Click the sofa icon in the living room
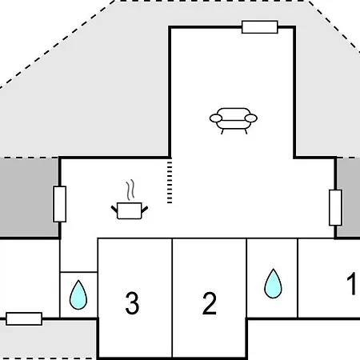(234, 121)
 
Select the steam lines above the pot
(130, 190)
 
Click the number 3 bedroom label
(132, 303)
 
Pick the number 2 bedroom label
(210, 303)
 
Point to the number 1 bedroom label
(351, 283)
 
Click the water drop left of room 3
(78, 294)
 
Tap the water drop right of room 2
(273, 283)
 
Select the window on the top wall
(260, 27)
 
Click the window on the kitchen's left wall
(60, 204)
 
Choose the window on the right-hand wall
(335, 207)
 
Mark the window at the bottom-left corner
(24, 318)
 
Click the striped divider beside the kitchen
(170, 182)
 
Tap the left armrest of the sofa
(216, 118)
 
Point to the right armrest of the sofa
(251, 118)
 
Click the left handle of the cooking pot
(114, 209)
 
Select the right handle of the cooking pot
(145, 210)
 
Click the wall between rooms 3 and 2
(172, 298)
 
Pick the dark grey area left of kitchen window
(29, 198)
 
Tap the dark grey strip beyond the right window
(349, 198)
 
